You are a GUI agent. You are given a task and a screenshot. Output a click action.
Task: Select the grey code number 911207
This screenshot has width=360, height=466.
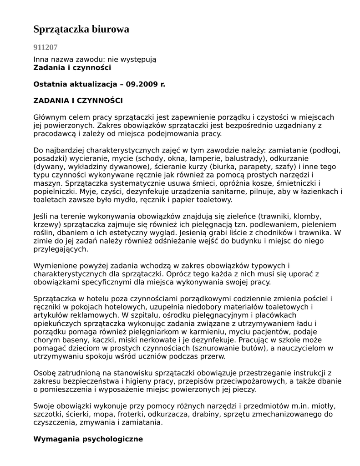point(46,47)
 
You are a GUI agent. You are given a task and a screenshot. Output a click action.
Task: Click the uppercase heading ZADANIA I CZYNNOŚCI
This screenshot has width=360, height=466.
point(78,101)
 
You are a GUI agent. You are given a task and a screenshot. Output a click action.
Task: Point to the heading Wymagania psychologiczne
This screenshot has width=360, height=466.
point(88,439)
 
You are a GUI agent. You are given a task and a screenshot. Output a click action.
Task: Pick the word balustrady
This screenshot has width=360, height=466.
point(244,158)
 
